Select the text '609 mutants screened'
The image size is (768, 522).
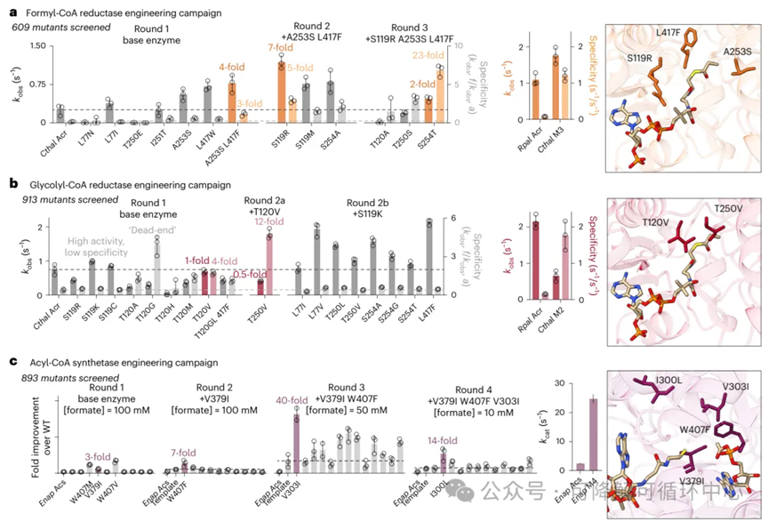pos(58,28)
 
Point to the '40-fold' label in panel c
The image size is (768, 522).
pos(292,400)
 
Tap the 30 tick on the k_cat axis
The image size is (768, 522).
pos(557,382)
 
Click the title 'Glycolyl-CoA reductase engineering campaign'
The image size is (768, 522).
pos(120,183)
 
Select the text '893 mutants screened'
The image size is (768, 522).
pos(58,378)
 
